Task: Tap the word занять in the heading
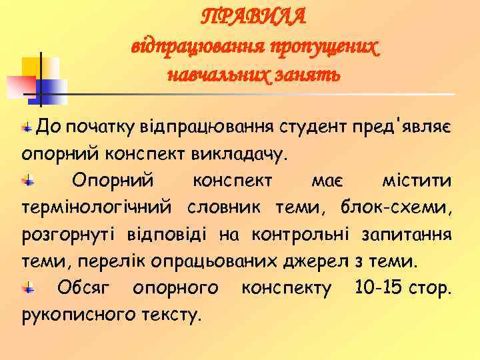pos(311,73)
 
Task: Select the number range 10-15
pos(365,289)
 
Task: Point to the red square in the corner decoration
pos(20,86)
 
